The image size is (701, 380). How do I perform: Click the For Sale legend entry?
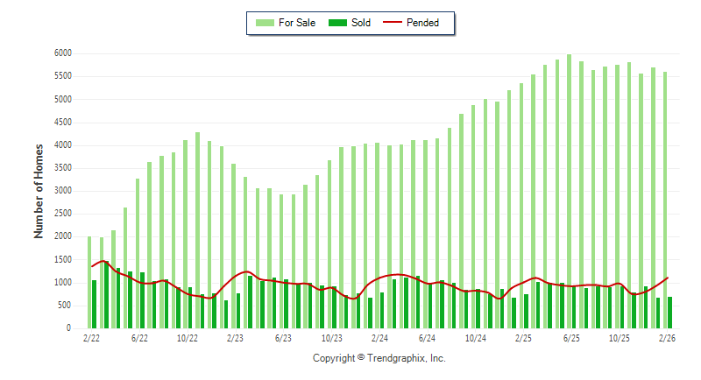pos(289,23)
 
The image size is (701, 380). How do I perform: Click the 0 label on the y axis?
pos(67,328)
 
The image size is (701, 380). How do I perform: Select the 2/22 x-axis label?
pos(91,337)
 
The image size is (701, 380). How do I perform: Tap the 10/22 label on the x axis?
pos(188,337)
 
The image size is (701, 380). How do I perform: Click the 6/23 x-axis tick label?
pos(283,337)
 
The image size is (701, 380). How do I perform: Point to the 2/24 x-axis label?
pos(379,337)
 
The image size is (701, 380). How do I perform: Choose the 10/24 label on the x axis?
pos(476,337)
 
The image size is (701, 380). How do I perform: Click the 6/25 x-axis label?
pos(571,337)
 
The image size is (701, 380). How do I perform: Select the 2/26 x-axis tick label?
pos(667,337)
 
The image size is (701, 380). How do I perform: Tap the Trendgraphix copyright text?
pos(379,358)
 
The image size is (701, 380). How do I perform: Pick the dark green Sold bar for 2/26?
pos(670,313)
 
